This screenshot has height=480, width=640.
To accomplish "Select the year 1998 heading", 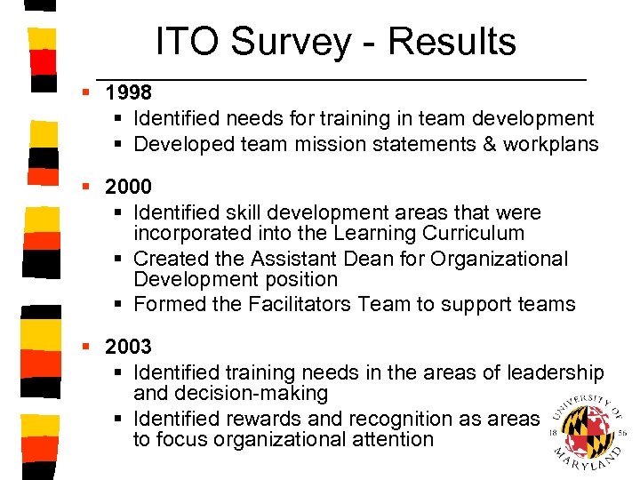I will [x=128, y=92].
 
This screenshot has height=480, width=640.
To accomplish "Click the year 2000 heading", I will [x=128, y=188].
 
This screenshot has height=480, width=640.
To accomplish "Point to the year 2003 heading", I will [x=128, y=347].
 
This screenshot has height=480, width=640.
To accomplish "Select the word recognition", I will [x=402, y=418].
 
